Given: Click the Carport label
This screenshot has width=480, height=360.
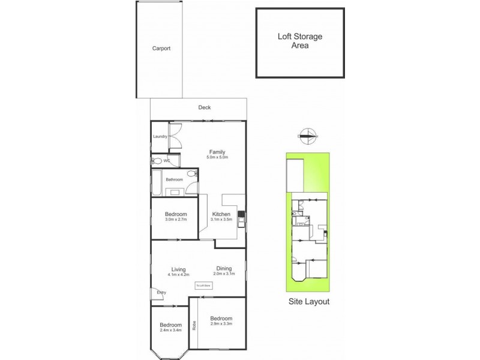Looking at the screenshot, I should point(161,49).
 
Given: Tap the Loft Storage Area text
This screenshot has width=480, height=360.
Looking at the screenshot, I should point(299,41).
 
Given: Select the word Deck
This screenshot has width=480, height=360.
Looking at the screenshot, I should point(205,107).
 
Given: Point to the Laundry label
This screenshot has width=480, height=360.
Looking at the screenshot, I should point(160,137).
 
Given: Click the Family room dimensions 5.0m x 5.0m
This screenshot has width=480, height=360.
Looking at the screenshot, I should point(217,157).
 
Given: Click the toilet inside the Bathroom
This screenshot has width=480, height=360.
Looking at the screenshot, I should point(191,174).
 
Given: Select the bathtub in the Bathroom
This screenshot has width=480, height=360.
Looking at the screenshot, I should point(155,184).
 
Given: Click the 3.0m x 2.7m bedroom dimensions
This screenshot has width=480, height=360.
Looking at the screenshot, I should point(176,220).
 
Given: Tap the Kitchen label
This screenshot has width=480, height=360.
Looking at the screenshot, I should point(221,214).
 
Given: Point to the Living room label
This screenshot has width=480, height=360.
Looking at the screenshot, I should point(178,269).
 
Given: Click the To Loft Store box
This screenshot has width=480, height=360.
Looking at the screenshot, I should point(203,286).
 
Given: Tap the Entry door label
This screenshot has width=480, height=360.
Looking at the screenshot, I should point(161,293).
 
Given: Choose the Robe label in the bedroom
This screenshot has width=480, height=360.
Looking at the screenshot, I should point(194,327).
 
